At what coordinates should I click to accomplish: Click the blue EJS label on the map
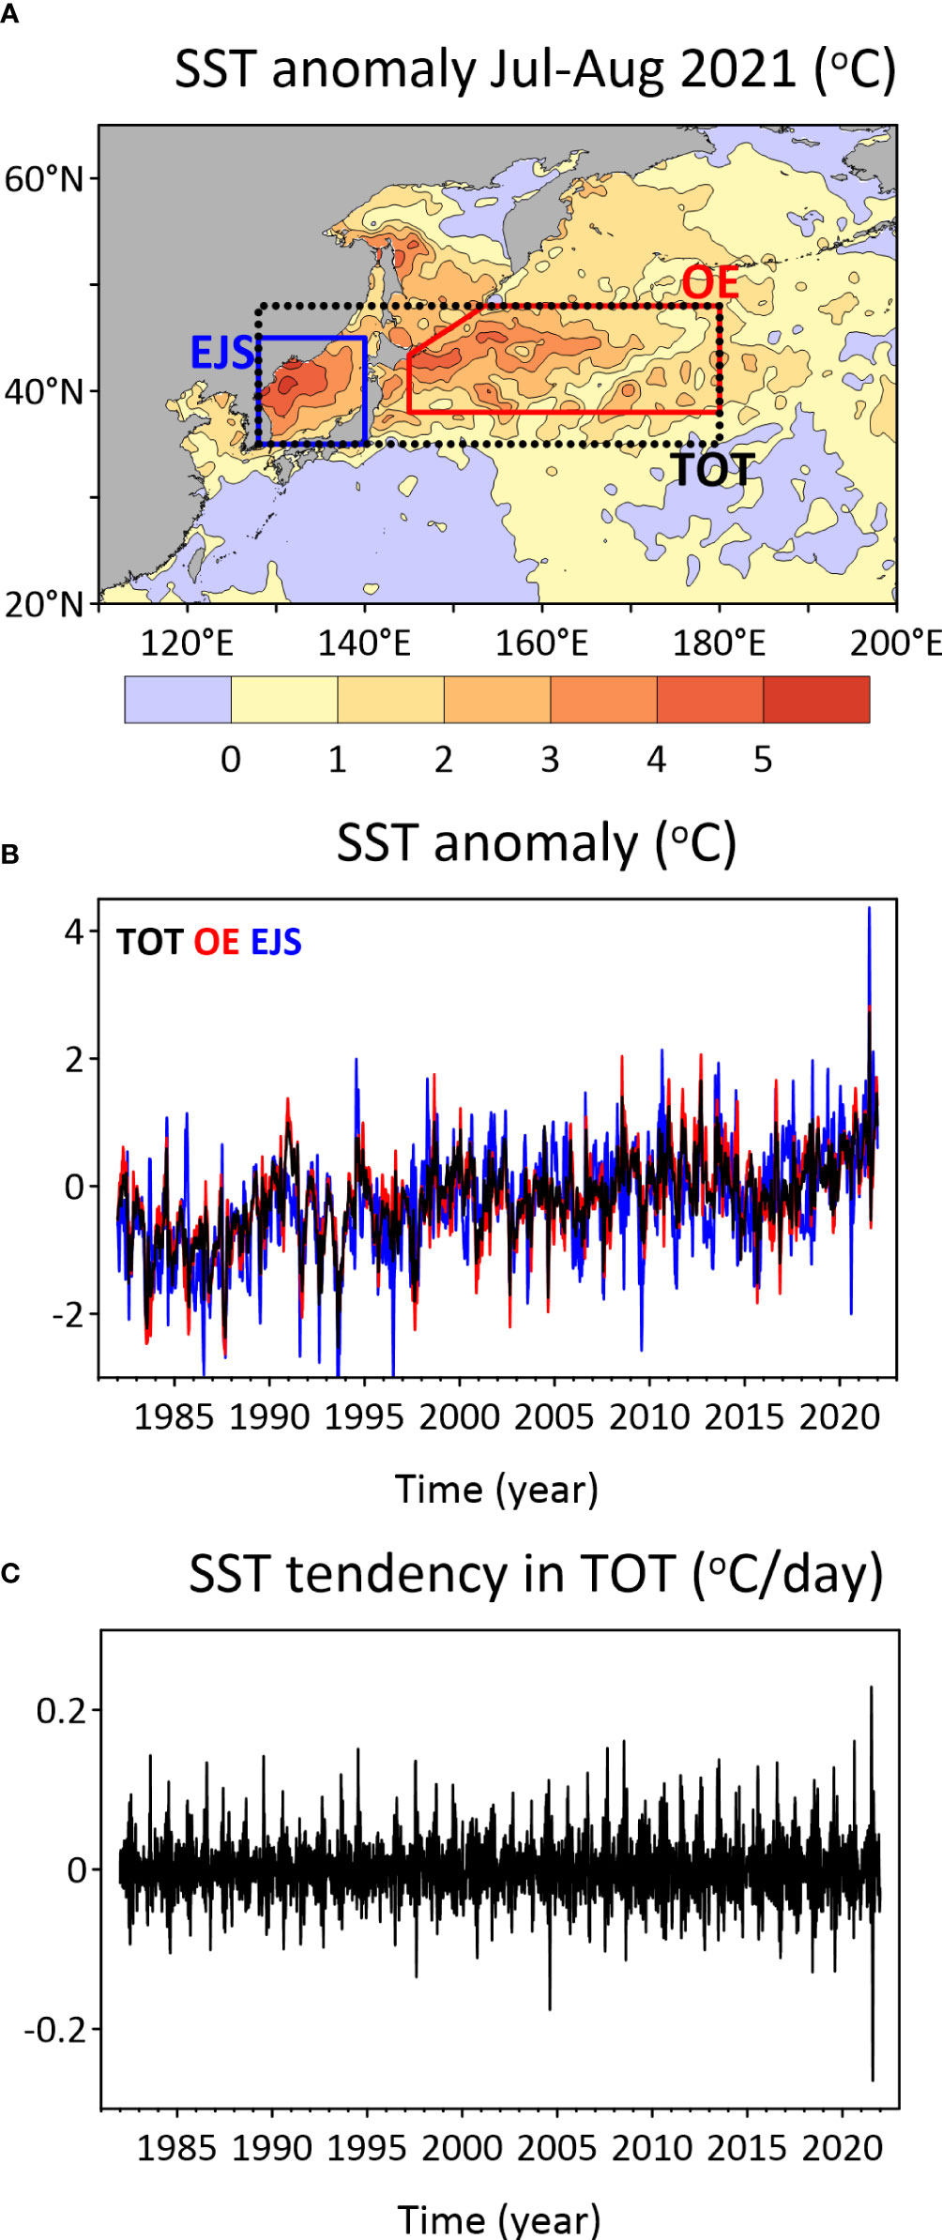point(221,353)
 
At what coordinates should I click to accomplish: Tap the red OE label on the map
point(709,282)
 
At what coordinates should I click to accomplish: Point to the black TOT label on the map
point(712,470)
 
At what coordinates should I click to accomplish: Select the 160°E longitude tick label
point(541,643)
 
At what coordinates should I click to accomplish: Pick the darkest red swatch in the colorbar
point(816,700)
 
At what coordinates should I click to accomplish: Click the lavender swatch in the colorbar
point(178,700)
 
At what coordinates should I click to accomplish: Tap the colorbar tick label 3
point(550,760)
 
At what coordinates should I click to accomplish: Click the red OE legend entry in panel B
point(217,942)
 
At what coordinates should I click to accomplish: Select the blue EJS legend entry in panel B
point(276,942)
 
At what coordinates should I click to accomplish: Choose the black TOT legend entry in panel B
point(149,942)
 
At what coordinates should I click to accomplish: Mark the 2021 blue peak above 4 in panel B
point(869,910)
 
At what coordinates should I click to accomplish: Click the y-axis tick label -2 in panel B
point(68,1315)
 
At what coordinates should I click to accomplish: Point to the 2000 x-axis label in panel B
point(460,1416)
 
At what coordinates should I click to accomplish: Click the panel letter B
point(10,855)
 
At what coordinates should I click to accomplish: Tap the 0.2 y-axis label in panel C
point(61,1711)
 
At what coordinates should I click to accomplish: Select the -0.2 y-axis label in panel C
point(55,2030)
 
